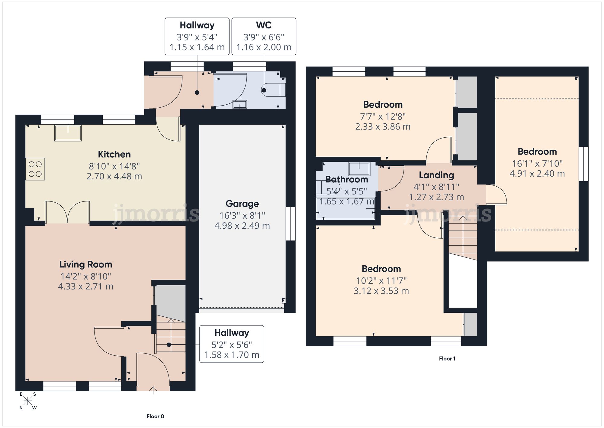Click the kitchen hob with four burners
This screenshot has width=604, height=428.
35,169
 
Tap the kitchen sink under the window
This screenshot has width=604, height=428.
68,133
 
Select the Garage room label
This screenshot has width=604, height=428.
242,204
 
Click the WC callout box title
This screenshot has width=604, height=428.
264,25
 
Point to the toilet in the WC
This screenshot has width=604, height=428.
273,90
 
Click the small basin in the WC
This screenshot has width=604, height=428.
240,104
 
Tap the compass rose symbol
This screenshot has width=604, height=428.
28,401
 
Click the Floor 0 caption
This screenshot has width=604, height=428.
155,416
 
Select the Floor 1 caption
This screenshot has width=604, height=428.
447,358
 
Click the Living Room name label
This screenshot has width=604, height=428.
86,264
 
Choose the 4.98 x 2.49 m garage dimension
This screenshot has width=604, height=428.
242,226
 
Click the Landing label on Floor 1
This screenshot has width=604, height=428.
436,175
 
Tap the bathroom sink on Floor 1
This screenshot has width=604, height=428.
359,169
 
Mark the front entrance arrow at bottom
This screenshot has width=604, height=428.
153,390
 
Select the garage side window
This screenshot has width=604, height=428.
291,224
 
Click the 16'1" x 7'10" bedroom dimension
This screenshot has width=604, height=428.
537,164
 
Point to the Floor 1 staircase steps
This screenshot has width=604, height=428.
462,237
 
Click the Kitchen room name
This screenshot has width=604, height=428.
114,154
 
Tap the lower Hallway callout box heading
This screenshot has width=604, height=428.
232,333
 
